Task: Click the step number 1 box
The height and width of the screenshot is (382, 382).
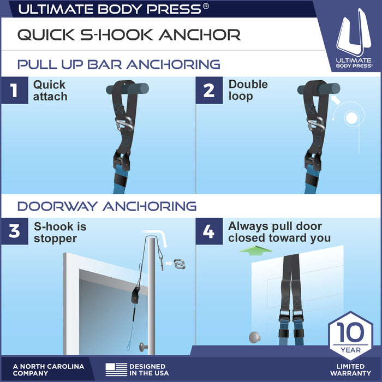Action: (x=15, y=90)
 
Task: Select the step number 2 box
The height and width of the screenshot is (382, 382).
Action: (x=209, y=90)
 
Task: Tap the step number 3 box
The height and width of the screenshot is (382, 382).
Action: (x=15, y=231)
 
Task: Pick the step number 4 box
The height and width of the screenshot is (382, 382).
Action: (x=209, y=231)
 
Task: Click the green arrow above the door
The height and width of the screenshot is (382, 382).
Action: (x=255, y=250)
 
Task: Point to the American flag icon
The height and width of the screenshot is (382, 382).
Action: (x=116, y=369)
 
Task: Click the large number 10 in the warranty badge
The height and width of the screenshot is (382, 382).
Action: (x=350, y=332)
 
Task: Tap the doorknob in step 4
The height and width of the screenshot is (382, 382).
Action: (x=255, y=337)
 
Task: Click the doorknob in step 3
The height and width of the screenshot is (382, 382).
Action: (x=144, y=347)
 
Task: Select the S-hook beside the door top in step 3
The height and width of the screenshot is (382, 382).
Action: (x=180, y=264)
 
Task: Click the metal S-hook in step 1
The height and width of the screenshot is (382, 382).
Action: (x=124, y=124)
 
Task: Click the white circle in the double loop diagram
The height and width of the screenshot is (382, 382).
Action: (x=351, y=118)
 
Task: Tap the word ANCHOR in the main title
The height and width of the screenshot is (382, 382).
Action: (x=200, y=34)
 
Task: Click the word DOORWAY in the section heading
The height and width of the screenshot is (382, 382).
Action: (x=57, y=206)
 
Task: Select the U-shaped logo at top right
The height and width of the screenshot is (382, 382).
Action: (x=354, y=32)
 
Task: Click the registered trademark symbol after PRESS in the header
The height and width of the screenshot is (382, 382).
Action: (x=206, y=6)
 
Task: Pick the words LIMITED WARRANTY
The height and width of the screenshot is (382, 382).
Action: (x=350, y=369)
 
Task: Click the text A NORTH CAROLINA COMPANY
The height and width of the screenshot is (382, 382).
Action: (x=49, y=369)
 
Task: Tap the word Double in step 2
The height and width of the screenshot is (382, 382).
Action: (x=248, y=84)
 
